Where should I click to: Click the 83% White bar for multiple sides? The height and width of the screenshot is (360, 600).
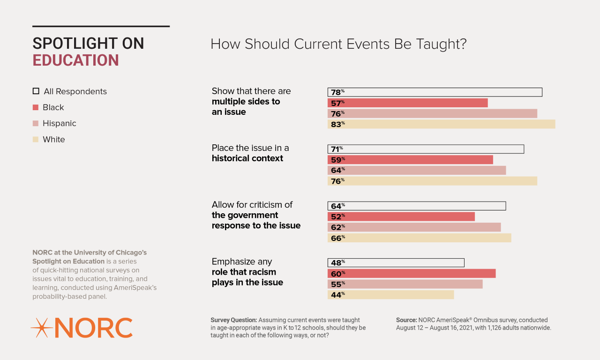coord(441,124)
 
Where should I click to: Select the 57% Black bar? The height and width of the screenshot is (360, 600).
coord(407,103)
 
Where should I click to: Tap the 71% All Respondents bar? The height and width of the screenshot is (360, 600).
coord(426,149)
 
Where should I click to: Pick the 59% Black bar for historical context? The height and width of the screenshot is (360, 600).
coord(410,160)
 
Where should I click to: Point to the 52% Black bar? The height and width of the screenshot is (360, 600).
coord(401,217)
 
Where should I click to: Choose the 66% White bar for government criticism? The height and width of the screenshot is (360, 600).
coord(419,238)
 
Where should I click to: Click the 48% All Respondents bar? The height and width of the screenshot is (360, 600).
coord(396,262)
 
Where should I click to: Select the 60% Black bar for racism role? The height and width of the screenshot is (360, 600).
coord(411,273)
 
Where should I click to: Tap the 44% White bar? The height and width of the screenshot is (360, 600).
coord(390,294)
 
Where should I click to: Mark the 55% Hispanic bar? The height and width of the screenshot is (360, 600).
coord(405,284)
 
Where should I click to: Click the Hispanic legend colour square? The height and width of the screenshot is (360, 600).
coord(36,123)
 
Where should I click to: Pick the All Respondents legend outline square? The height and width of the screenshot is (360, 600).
coord(36,91)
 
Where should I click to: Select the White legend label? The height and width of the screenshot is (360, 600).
coord(54,140)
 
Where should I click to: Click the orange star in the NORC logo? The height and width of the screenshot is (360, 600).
coord(41,328)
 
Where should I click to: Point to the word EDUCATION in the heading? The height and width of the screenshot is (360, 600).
coord(75,60)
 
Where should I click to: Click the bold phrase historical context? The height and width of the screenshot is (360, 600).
coord(247,158)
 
